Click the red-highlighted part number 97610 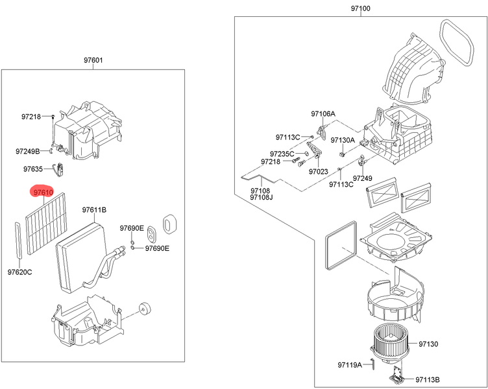(x=43, y=193)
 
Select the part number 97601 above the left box (x=93, y=60)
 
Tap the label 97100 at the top (x=361, y=8)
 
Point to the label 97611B (x=94, y=210)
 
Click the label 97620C (x=19, y=272)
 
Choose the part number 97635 (x=33, y=169)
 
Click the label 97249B (x=28, y=152)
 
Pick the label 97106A (x=323, y=114)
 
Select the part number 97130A (x=343, y=140)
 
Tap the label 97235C (x=282, y=154)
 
